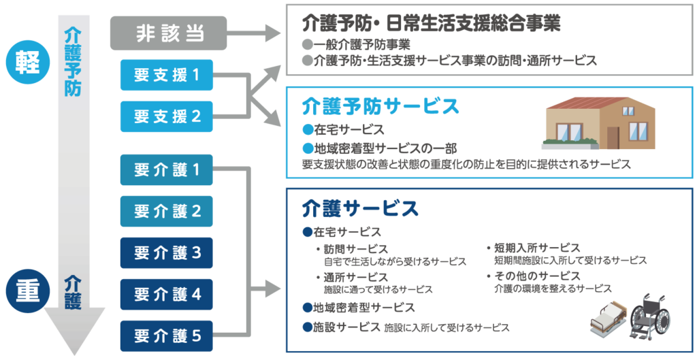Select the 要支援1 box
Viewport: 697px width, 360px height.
coord(167,76)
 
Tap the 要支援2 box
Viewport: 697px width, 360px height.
coord(167,116)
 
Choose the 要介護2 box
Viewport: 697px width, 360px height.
coord(167,211)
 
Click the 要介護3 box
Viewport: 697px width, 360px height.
coord(167,252)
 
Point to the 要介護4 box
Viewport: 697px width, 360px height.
coord(167,294)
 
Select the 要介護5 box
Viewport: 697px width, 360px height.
coord(167,335)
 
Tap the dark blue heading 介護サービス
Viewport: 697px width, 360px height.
coord(360,207)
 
